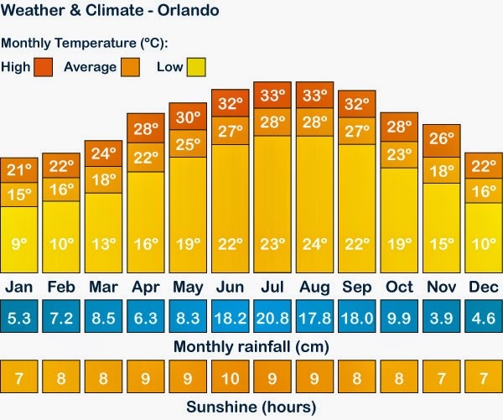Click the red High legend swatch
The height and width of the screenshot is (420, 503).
44,66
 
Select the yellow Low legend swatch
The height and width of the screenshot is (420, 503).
195,66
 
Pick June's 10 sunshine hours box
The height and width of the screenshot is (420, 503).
230,377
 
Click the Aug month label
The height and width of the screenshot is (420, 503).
314,288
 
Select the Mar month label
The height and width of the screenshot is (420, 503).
103,288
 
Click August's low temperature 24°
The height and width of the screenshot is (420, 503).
314,246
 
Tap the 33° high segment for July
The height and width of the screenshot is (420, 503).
272,95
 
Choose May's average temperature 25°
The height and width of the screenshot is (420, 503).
188,143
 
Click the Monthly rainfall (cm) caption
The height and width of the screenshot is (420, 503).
251,346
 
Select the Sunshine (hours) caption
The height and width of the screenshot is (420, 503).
251,407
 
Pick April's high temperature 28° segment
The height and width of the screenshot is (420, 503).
145,127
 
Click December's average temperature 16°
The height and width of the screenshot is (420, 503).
483,190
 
